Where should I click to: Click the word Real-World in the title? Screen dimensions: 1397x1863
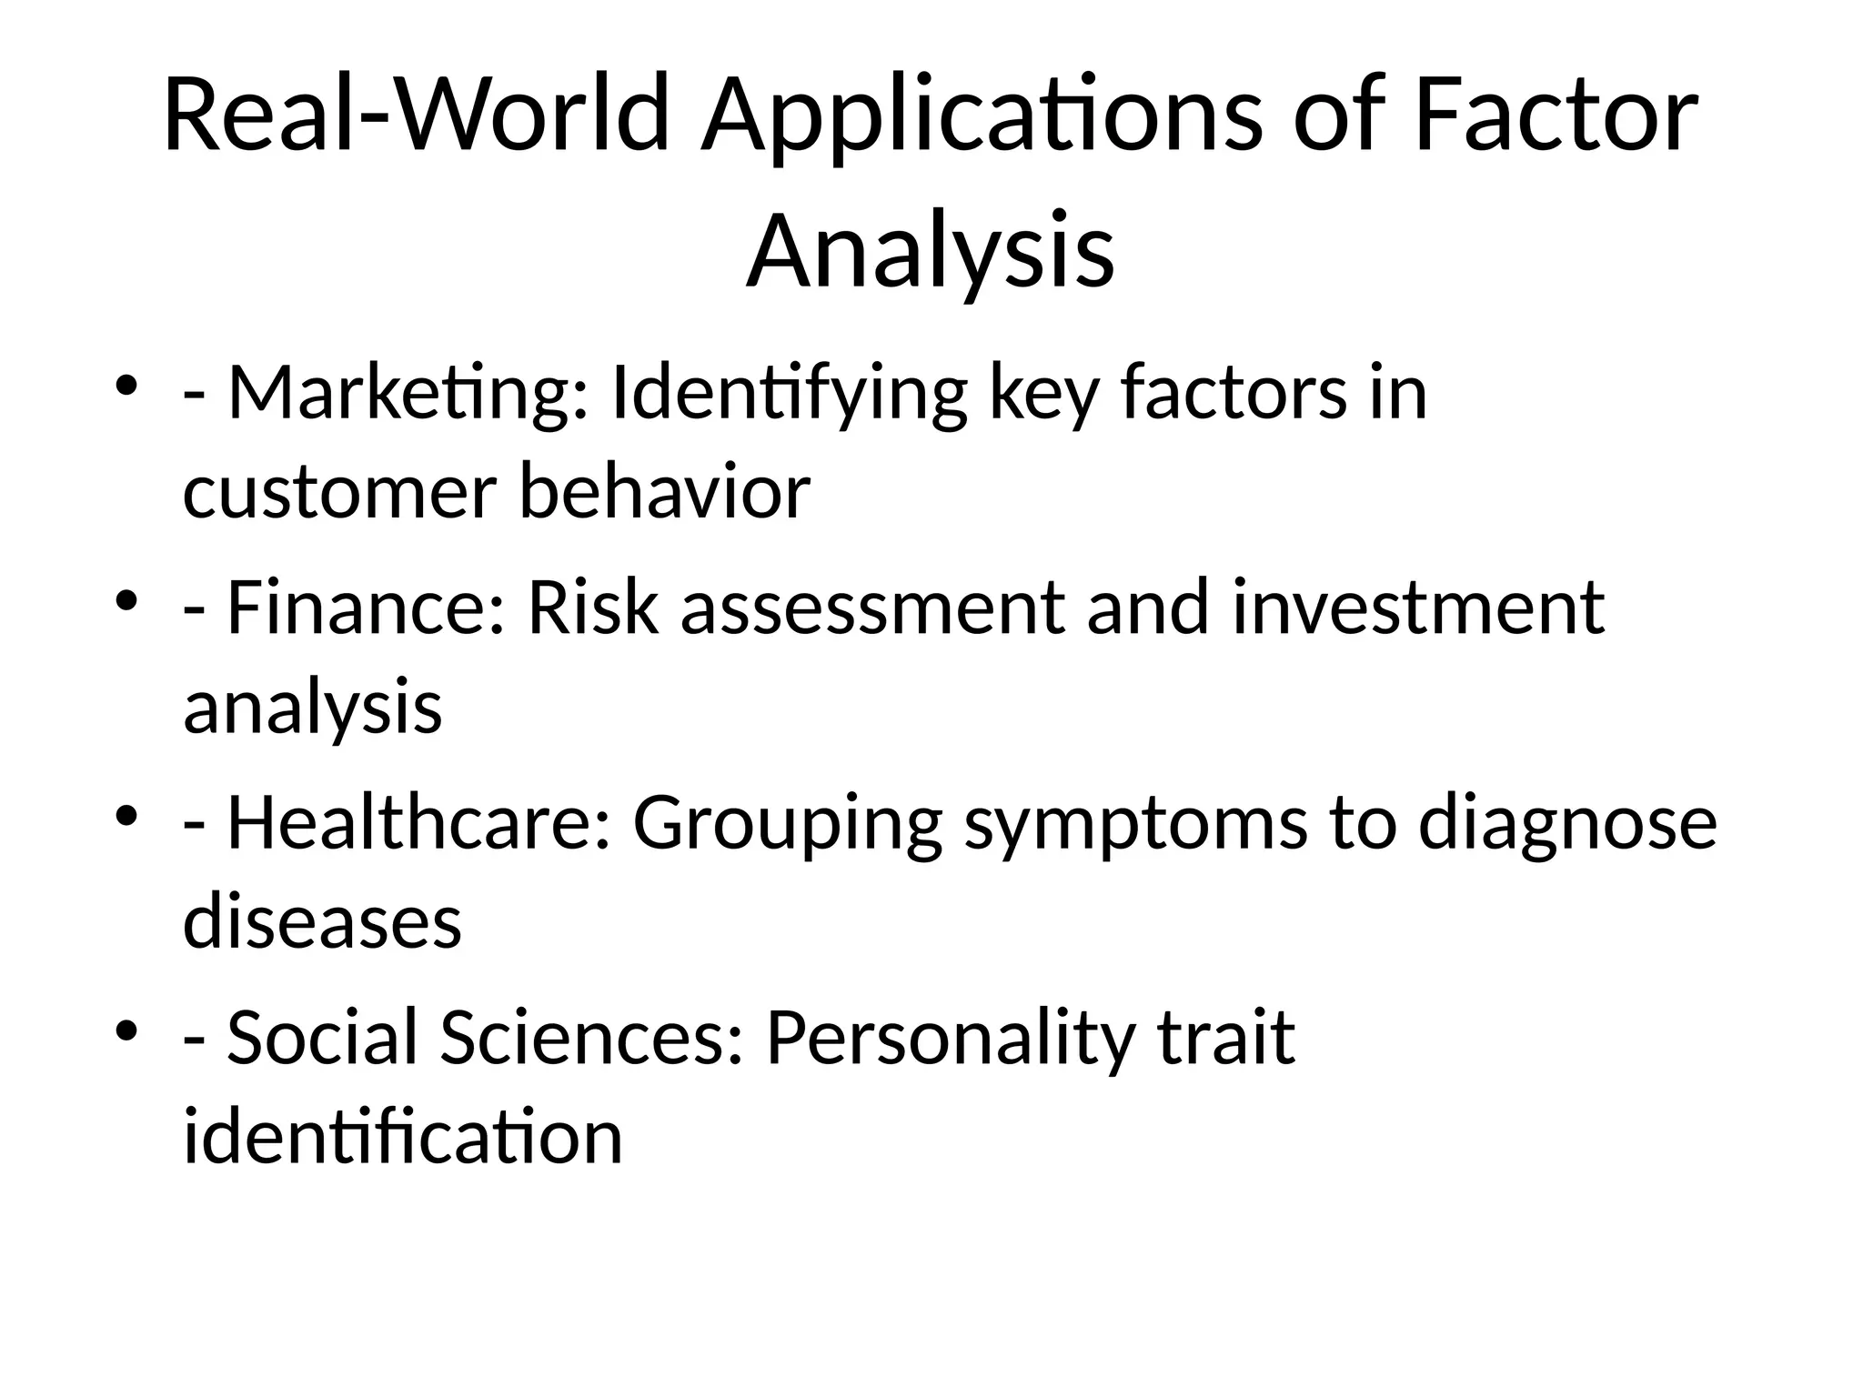coord(417,116)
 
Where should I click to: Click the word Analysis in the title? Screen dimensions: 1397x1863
coord(930,252)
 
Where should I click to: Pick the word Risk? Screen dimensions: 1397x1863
coord(592,608)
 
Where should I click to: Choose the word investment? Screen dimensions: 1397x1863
coord(1418,608)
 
